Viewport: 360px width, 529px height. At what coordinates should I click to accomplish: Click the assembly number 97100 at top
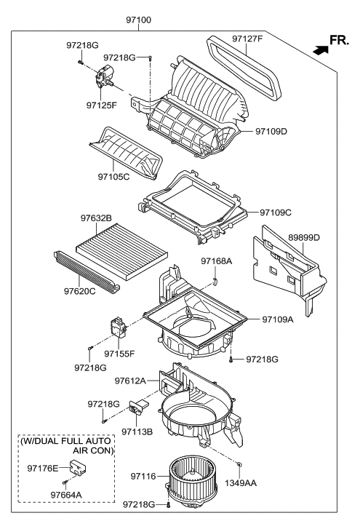[x=138, y=20]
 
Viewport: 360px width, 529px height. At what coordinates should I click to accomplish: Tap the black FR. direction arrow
[x=319, y=49]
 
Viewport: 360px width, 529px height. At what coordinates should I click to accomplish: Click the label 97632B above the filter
[x=95, y=218]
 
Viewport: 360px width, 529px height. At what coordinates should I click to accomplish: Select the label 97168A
[x=217, y=261]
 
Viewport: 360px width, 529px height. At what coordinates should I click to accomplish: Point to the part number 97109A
[x=279, y=319]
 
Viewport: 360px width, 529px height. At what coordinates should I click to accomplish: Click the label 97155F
[x=120, y=354]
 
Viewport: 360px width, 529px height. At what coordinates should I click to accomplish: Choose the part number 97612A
[x=130, y=380]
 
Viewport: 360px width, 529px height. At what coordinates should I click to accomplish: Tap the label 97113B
[x=137, y=431]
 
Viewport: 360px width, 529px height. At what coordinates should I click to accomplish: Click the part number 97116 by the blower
[x=144, y=476]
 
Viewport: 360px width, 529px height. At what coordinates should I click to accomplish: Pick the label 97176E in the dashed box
[x=43, y=467]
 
